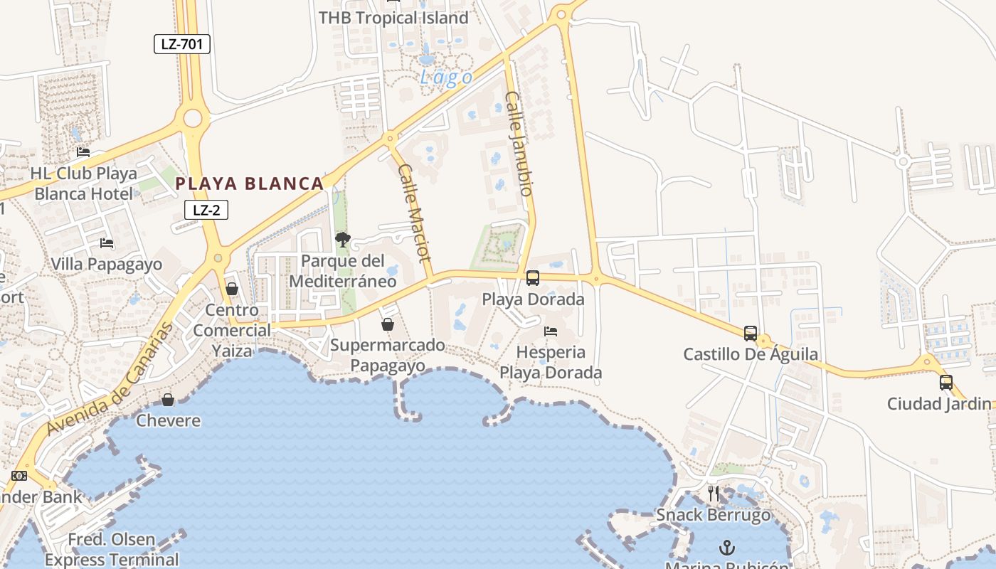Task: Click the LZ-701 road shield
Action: (182, 44)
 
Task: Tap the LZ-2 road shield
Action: (206, 210)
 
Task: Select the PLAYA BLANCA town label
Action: (250, 184)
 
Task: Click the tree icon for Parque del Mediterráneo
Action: (343, 240)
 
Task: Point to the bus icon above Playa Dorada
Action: (533, 278)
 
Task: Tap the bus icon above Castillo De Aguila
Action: (751, 333)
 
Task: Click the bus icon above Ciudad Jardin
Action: (946, 383)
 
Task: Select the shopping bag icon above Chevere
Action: (168, 400)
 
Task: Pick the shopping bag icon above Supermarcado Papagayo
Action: (388, 324)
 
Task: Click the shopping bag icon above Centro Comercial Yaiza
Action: (232, 289)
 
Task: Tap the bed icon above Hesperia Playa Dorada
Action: (551, 331)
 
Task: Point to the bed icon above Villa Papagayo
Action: (107, 243)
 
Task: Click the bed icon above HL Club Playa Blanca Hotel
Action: (83, 152)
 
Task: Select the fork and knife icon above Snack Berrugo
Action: (714, 494)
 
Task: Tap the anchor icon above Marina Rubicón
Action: (727, 548)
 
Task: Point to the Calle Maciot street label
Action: (415, 213)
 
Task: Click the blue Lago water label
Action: (446, 78)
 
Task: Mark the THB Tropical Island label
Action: (393, 18)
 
